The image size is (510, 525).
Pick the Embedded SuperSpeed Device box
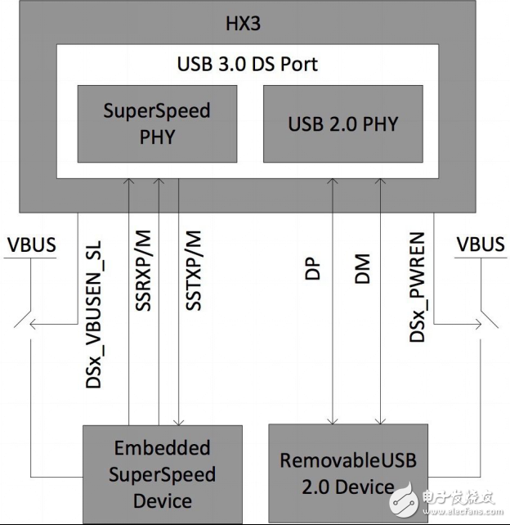tap(161, 473)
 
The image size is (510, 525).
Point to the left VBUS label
tap(29, 245)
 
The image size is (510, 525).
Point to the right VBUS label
tap(481, 245)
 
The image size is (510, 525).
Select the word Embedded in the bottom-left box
tap(161, 448)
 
